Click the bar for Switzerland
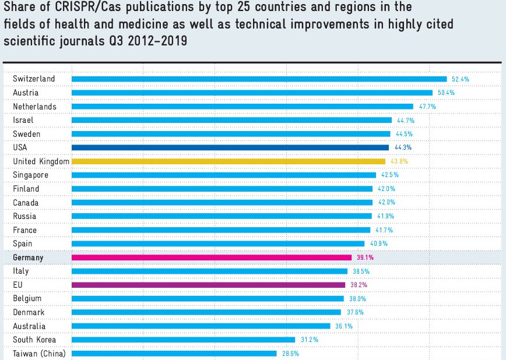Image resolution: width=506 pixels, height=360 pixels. tap(259, 79)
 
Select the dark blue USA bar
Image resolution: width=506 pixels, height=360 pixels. tap(230, 147)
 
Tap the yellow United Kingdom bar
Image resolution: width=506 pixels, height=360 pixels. tap(228, 161)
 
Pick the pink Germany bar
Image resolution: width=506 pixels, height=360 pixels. tap(211, 257)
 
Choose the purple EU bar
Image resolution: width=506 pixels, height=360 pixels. tap(208, 285)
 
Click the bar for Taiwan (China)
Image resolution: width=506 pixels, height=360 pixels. tap(174, 354)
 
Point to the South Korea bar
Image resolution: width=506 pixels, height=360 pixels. tap(183, 340)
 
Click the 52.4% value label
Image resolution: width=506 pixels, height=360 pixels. tap(461, 79)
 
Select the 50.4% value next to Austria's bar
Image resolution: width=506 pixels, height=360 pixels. tap(446, 93)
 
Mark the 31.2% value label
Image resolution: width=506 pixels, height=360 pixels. tap(309, 340)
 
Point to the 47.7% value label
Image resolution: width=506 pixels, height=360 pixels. tap(427, 107)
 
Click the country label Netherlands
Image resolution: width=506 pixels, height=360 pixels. tap(34, 107)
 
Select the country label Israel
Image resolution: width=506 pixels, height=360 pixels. tap(23, 120)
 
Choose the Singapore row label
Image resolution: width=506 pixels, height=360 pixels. tap(30, 175)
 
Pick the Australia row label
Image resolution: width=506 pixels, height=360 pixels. tap(29, 326)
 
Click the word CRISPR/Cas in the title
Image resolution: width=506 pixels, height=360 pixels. tap(85, 9)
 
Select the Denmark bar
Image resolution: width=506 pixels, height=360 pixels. tap(206, 312)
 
